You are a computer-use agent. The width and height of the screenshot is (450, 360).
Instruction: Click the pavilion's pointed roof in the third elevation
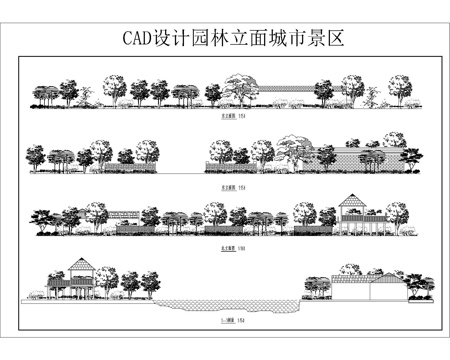click(x=351, y=202)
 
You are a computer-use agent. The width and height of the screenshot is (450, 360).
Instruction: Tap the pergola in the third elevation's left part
click(x=125, y=216)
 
